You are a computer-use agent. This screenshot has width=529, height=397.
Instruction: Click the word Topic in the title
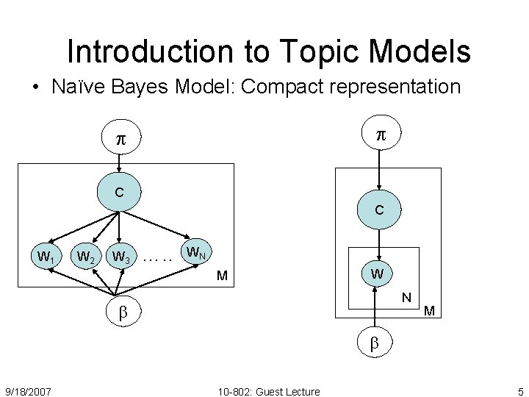(320, 51)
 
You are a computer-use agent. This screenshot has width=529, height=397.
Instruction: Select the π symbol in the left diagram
(120, 140)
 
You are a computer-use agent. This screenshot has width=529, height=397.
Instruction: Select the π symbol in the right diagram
(380, 135)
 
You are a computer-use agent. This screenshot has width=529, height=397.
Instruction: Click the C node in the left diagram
(119, 193)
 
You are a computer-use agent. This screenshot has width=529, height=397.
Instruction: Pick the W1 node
(46, 257)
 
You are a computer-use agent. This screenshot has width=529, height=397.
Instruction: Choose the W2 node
(85, 257)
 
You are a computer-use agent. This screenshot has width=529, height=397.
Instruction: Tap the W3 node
(121, 257)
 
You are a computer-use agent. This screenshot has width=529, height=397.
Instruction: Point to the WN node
(195, 253)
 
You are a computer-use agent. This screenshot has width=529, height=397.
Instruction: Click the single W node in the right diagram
(376, 275)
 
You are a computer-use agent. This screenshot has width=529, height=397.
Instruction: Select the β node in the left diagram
(123, 312)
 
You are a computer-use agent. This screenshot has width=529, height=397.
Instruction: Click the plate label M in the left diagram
(221, 276)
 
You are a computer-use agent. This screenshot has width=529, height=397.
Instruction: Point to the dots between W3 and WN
(158, 258)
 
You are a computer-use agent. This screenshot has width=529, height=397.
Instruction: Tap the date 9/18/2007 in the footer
(28, 391)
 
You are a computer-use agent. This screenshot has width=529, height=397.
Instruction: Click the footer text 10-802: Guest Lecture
(269, 391)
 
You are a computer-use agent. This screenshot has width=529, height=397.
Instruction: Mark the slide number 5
(520, 391)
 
